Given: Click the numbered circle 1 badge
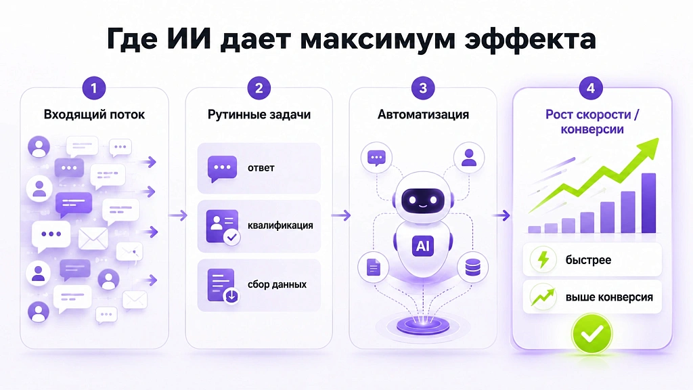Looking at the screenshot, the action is [93, 88].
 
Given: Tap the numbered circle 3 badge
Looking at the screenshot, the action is [423, 88].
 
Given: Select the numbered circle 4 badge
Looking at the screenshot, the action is [591, 88].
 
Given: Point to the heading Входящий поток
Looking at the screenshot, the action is [94, 114].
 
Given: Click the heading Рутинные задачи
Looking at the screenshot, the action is [259, 114].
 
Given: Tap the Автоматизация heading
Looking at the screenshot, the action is [423, 114].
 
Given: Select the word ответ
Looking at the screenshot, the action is [261, 168].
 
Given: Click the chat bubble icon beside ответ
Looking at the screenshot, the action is [222, 169].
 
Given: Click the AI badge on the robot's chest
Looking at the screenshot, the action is [423, 246].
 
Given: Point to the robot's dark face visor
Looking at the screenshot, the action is [422, 200].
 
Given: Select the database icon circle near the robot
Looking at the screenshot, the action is [473, 267].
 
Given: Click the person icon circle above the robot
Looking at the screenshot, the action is [469, 157].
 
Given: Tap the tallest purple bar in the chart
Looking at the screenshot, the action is [648, 203].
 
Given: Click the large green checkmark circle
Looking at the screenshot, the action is [591, 334].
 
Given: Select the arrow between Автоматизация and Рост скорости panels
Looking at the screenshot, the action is [501, 215].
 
